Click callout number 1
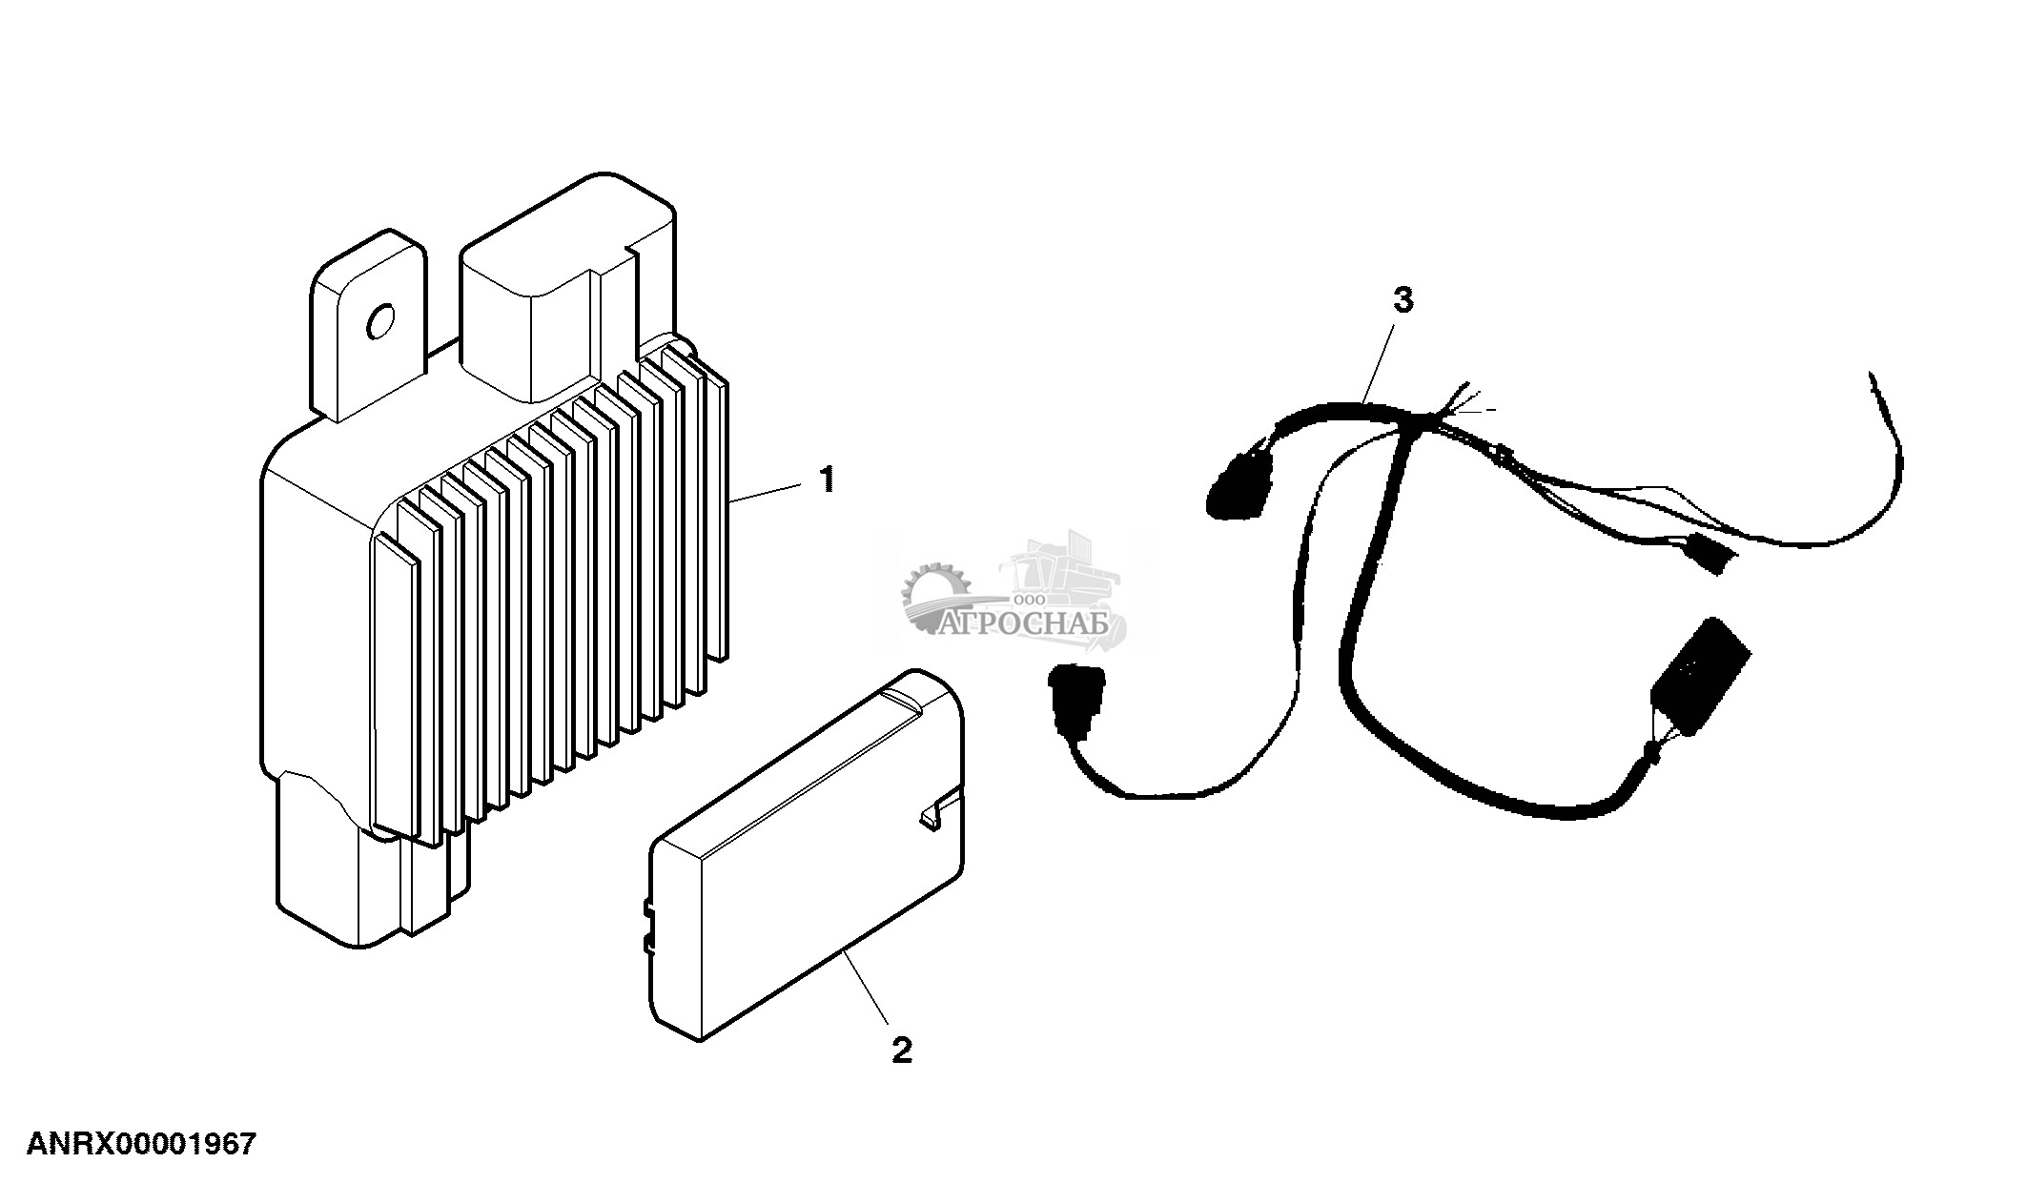[827, 479]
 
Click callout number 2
[901, 1050]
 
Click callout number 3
[1403, 300]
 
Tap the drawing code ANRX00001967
[141, 1143]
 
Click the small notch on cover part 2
[931, 817]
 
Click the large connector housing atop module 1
[563, 286]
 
